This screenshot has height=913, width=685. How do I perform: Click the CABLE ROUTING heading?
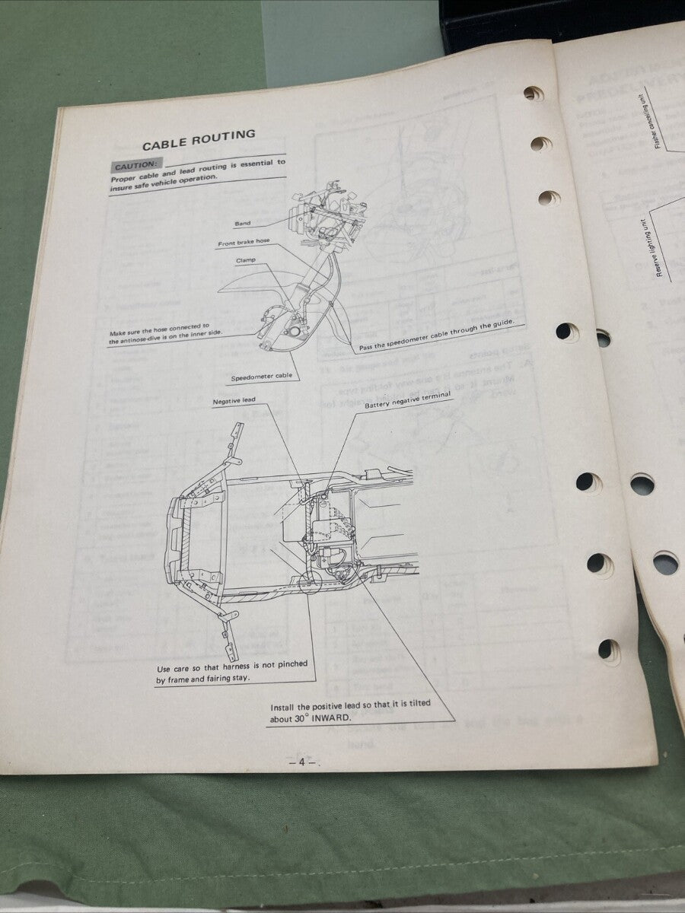[199, 141]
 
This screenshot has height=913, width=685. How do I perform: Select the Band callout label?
[243, 224]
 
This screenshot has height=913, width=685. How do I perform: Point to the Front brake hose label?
[244, 243]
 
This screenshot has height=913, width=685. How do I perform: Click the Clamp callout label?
[245, 260]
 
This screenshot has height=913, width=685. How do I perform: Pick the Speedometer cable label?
[258, 378]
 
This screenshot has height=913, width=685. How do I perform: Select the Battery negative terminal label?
[407, 402]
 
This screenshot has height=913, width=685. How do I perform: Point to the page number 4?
[302, 762]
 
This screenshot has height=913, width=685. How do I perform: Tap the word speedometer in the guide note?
[418, 337]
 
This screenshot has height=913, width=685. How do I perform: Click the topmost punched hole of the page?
[534, 94]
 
